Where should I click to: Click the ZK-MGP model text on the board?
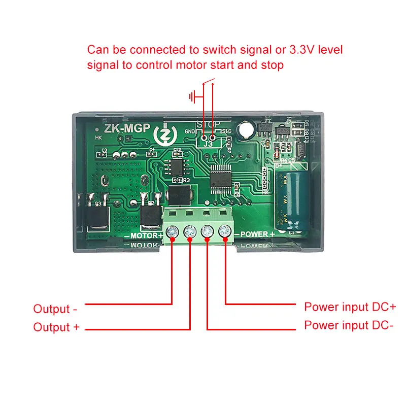[x=127, y=128]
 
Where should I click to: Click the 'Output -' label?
[x=55, y=309]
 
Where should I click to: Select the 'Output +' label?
[x=56, y=327]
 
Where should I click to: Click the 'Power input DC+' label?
[x=350, y=307]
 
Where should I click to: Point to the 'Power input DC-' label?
[x=349, y=325]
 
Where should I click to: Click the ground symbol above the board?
[x=192, y=96]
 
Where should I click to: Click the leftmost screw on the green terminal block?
[x=173, y=232]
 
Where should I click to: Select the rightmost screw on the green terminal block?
[x=224, y=232]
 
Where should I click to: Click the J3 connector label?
[x=208, y=144]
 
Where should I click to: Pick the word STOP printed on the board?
[x=208, y=124]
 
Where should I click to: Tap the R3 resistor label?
[x=186, y=180]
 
